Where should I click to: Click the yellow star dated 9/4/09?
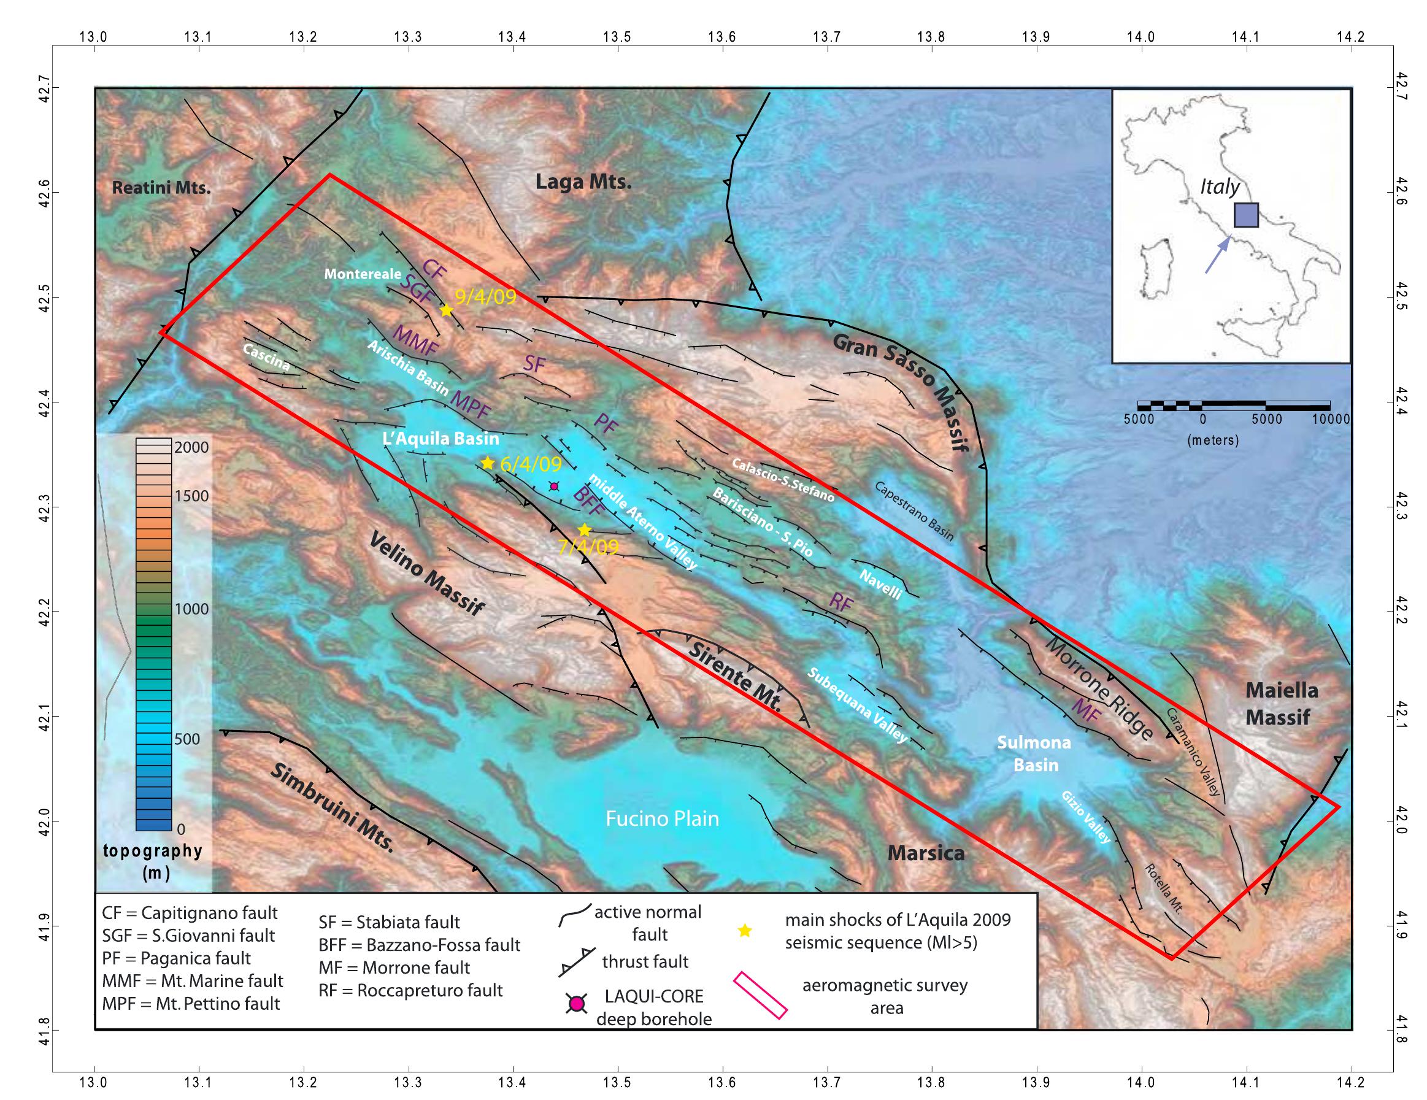tap(446, 310)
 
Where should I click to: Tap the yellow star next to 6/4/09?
tap(487, 463)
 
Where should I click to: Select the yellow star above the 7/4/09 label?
tap(584, 529)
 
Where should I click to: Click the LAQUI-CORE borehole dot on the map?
tap(554, 486)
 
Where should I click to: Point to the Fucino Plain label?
tap(662, 818)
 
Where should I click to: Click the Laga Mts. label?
tap(583, 182)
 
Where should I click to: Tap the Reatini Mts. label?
tap(161, 188)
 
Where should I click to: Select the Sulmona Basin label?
tap(1034, 753)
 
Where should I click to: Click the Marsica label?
tap(926, 852)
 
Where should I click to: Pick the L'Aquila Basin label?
tap(440, 439)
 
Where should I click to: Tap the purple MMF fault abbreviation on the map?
tap(415, 341)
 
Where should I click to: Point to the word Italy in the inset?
tap(1219, 188)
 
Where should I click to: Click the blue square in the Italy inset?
tap(1246, 215)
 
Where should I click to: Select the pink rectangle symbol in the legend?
tap(761, 996)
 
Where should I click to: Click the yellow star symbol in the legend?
tap(744, 931)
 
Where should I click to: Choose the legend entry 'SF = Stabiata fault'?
tap(389, 922)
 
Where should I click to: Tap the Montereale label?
tap(363, 274)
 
